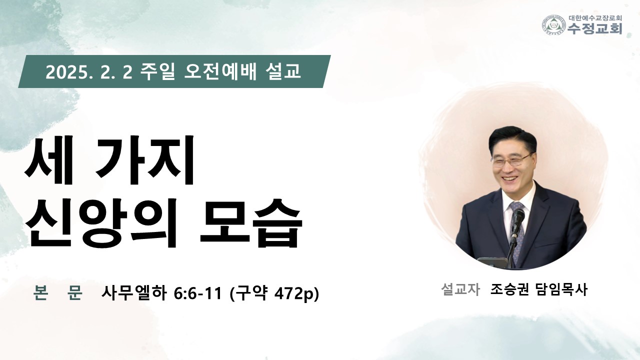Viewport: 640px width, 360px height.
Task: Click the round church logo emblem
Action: click(554, 25)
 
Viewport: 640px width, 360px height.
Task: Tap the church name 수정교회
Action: click(595, 28)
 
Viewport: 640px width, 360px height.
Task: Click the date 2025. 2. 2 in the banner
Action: click(89, 72)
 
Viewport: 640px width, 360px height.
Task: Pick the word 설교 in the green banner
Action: click(283, 71)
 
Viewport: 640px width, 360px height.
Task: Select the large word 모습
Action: click(251, 222)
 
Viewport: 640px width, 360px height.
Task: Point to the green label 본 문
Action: click(57, 292)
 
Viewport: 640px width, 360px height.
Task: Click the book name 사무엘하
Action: click(134, 293)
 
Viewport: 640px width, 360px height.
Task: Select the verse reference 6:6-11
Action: click(197, 293)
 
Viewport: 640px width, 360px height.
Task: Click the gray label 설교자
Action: click(460, 289)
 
